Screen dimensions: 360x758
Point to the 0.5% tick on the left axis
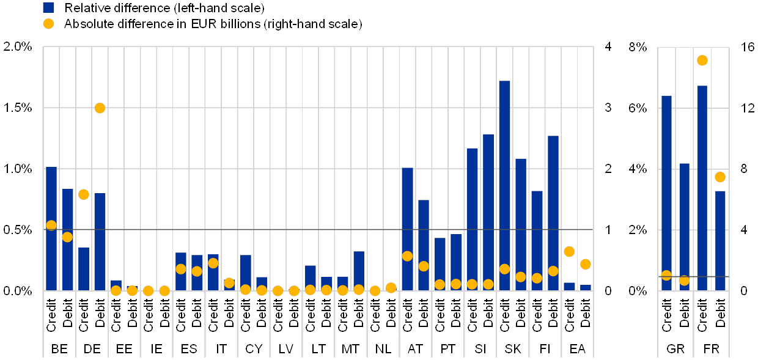tap(18, 230)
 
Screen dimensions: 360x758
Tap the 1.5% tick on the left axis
tap(18, 108)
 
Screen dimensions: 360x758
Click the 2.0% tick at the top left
tap(18, 46)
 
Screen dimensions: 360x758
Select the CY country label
tap(254, 349)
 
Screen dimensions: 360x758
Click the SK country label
tap(512, 349)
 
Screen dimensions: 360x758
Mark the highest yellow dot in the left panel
tap(100, 108)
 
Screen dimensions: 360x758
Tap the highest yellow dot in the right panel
tap(702, 60)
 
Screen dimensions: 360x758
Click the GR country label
tap(675, 349)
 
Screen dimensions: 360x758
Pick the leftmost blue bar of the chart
tap(51, 229)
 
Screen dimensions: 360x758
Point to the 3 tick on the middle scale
tap(608, 108)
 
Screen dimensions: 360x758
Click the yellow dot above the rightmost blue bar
tap(720, 177)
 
